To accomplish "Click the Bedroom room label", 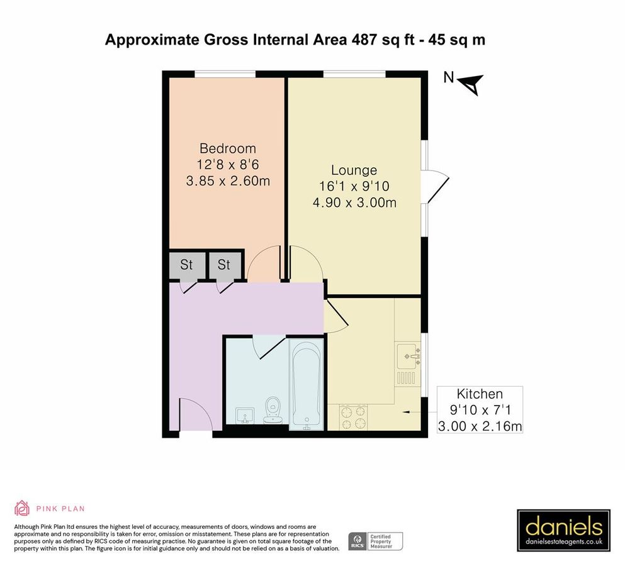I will (x=227, y=149).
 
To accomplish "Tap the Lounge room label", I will (x=354, y=170).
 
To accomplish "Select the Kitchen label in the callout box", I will (x=480, y=394).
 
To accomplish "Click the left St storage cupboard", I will (x=186, y=265).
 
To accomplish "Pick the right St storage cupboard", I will (x=224, y=265).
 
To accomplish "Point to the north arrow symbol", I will (x=470, y=82).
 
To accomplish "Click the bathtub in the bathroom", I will (x=307, y=384).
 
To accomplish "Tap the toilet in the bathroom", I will (x=273, y=409).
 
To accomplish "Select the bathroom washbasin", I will (x=245, y=416).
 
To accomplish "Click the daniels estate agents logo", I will (x=563, y=530).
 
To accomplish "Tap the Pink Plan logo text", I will (x=60, y=509).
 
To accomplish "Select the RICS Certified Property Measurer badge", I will (x=376, y=541).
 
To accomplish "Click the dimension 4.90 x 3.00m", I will (x=354, y=203).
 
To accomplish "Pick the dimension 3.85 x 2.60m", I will (x=227, y=181).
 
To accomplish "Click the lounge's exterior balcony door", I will (x=437, y=187).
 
